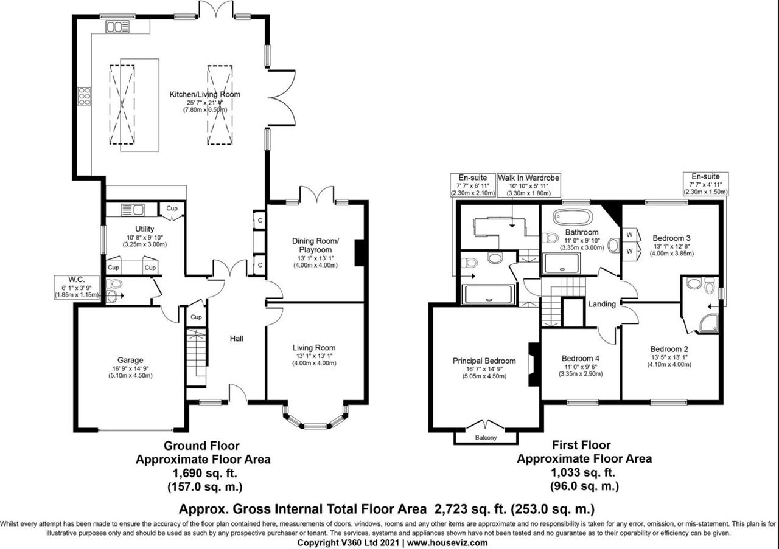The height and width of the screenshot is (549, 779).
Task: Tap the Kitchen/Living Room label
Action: (204, 94)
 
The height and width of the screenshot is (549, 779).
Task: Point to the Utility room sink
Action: (133, 210)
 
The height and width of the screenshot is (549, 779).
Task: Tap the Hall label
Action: (237, 338)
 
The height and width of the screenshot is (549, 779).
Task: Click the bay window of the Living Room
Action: (315, 421)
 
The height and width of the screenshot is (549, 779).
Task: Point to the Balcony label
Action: (486, 438)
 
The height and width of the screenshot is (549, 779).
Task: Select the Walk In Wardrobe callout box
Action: (528, 185)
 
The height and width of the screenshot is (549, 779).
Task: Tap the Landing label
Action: (601, 304)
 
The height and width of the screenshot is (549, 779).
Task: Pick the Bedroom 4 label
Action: (580, 359)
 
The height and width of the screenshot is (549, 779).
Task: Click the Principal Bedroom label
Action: (484, 361)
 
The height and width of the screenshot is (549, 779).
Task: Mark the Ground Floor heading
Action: (203, 446)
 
